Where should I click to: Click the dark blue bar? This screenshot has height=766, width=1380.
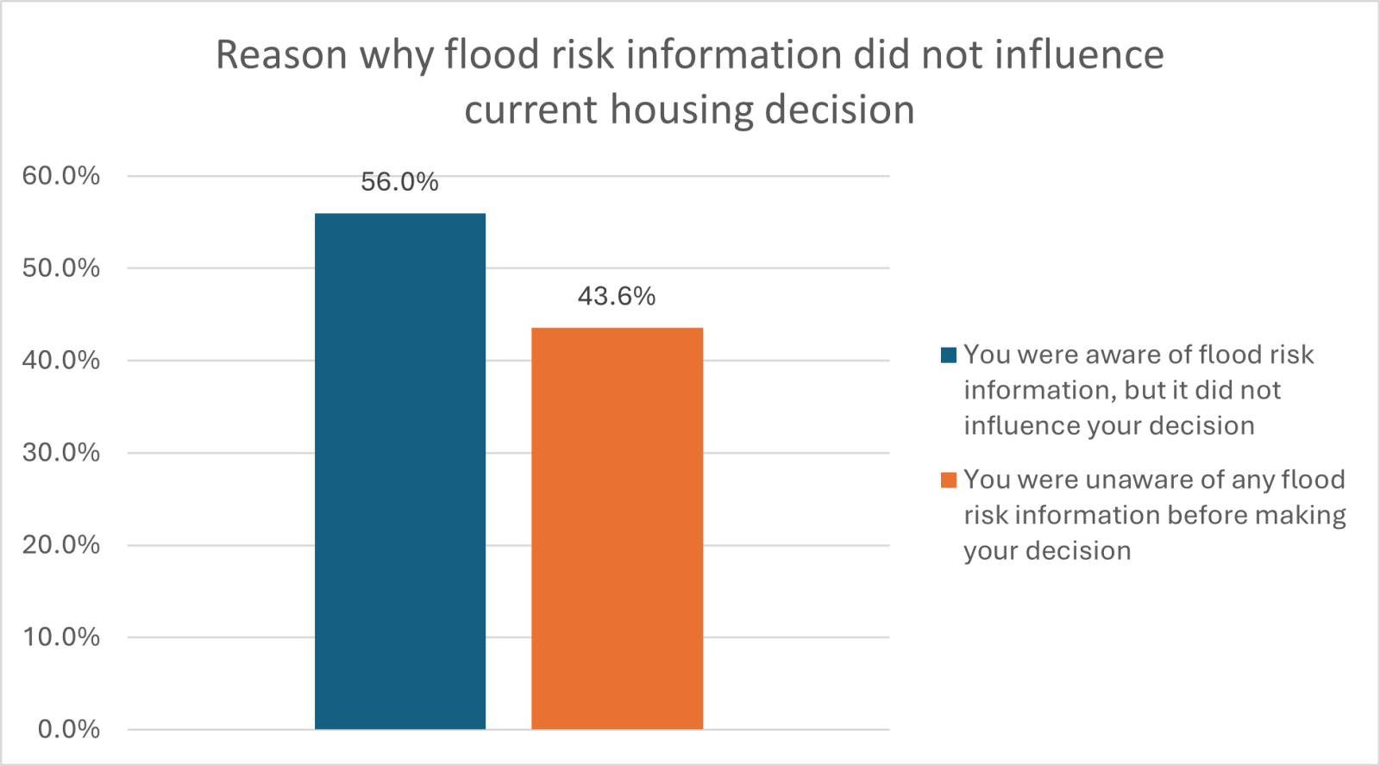click(x=399, y=471)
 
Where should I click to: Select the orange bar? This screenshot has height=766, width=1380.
click(x=617, y=528)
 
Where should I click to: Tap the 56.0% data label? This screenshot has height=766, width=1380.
click(x=399, y=182)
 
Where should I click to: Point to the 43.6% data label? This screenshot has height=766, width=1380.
click(x=617, y=297)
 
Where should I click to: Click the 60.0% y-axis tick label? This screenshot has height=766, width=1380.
click(x=61, y=176)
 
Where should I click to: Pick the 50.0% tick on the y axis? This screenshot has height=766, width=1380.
click(x=61, y=268)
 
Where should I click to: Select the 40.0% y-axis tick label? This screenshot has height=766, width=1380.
click(x=61, y=361)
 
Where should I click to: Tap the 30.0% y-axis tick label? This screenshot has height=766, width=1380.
click(x=61, y=453)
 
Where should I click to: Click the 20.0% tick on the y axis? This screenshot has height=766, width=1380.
click(x=61, y=545)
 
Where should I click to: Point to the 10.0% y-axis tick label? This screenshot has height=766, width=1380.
click(x=61, y=637)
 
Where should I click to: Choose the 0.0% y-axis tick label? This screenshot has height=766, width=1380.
click(x=69, y=730)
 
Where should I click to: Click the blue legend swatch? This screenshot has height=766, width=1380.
click(x=949, y=355)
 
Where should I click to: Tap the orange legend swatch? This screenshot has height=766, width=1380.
click(x=949, y=480)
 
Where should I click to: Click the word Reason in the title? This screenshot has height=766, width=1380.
click(x=281, y=55)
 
